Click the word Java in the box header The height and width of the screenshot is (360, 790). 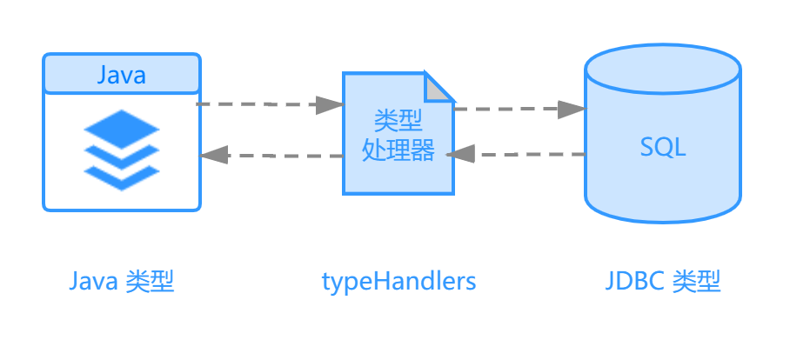pos(121,76)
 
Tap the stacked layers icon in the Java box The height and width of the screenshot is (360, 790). pos(122,149)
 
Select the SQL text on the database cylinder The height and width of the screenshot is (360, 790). pos(663,147)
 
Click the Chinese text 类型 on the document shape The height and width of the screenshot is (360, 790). pos(398,119)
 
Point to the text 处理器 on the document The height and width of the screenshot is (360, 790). pos(398,150)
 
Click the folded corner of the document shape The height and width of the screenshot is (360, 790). pos(439,86)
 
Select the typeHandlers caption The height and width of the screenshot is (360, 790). pos(399,282)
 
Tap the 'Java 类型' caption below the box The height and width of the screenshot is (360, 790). pos(122,282)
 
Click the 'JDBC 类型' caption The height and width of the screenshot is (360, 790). pos(663,282)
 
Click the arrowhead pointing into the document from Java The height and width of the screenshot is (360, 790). pos(330,104)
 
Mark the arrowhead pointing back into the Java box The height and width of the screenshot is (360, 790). pos(214,156)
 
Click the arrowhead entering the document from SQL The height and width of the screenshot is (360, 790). pos(461,154)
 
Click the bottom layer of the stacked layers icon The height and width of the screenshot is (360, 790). pos(122,177)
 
